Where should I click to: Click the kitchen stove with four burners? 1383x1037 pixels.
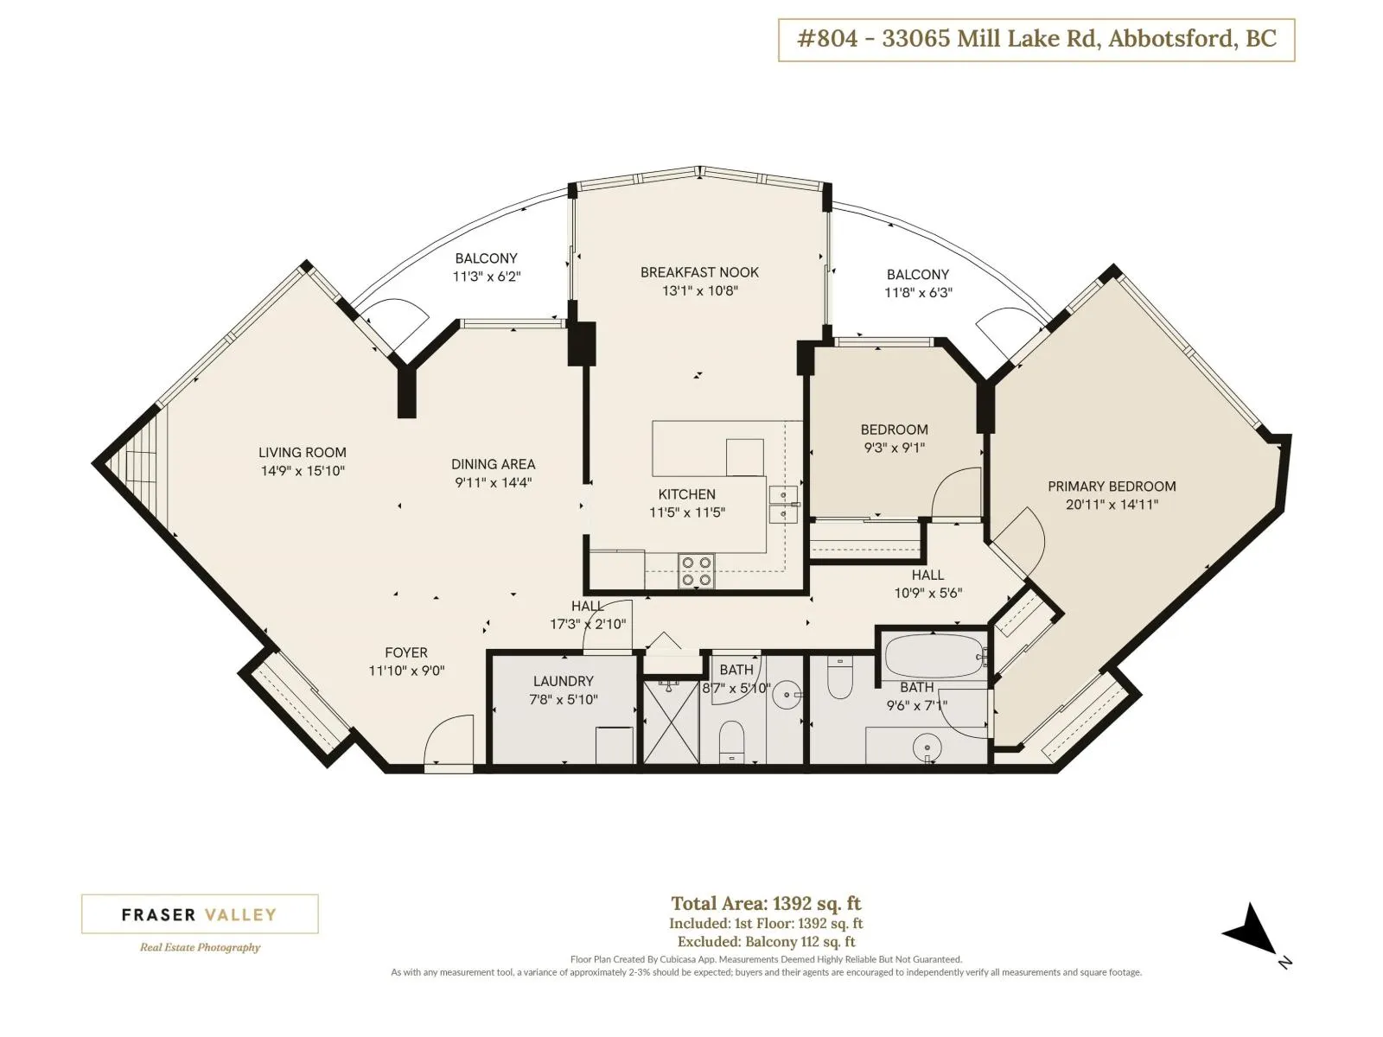click(696, 570)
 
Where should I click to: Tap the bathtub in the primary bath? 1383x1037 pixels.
click(934, 656)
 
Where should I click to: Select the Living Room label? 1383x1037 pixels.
click(303, 452)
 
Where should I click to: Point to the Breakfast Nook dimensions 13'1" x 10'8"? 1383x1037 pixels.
click(700, 290)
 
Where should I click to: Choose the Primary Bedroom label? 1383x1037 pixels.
click(1112, 486)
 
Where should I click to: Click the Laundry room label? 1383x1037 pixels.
click(564, 681)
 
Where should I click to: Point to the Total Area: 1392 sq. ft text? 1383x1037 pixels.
click(766, 904)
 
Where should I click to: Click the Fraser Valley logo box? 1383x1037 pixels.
click(200, 913)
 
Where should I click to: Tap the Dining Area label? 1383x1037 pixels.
click(494, 464)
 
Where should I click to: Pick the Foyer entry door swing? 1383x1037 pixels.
click(449, 739)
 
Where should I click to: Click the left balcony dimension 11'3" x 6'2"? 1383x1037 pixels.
click(487, 276)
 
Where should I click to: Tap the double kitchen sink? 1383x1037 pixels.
click(783, 505)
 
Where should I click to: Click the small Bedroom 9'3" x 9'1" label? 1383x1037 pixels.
click(894, 438)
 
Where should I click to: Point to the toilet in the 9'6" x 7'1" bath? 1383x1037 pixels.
click(839, 678)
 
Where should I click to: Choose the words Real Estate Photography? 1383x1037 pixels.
click(200, 947)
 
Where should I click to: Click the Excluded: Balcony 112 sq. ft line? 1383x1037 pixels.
click(766, 942)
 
